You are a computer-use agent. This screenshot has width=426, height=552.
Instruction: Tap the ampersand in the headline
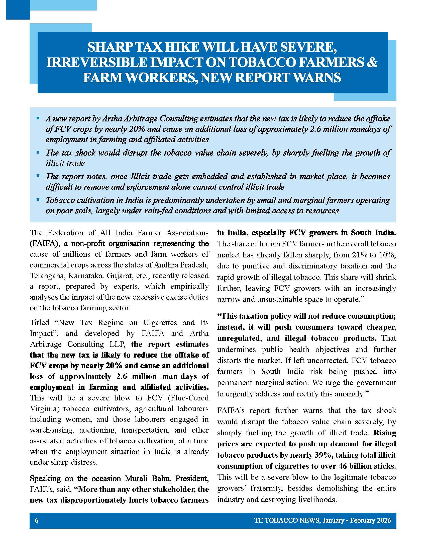[x=372, y=62]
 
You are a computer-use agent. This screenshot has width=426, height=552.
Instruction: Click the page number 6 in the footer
[x=37, y=520]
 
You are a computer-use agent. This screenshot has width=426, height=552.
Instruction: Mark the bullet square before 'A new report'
[x=38, y=118]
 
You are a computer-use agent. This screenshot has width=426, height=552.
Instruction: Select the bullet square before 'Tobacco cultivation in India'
[x=38, y=200]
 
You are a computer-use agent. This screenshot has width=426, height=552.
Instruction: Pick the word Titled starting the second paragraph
[x=39, y=322]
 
